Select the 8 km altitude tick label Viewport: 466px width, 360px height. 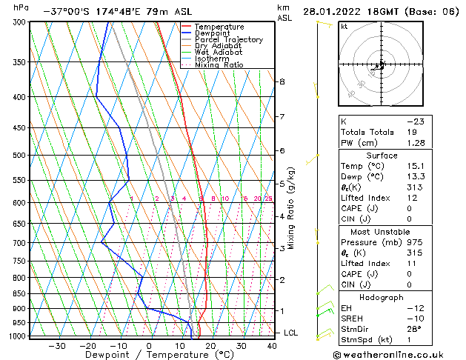[282, 81]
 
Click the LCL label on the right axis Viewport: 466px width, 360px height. [291, 333]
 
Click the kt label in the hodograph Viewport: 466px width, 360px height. [344, 27]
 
